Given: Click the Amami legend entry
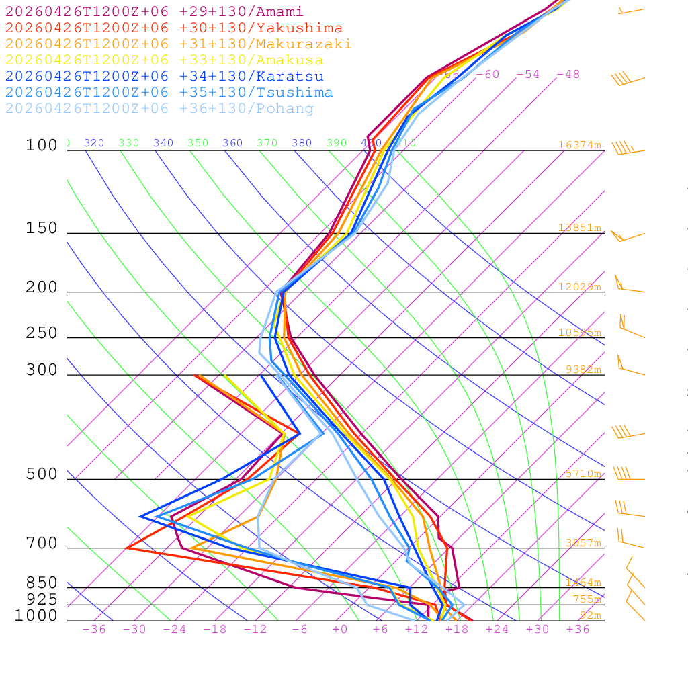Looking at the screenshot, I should click(154, 12).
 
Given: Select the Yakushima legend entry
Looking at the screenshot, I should click(173, 28).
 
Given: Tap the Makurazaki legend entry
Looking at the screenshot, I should click(178, 44).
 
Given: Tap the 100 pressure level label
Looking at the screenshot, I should click(42, 145).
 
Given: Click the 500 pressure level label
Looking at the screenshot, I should click(42, 474).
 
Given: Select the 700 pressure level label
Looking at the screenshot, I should click(42, 544).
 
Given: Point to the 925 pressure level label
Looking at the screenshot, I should click(42, 599).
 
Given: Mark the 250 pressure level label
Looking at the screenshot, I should click(42, 333).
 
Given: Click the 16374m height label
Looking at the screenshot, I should click(579, 145).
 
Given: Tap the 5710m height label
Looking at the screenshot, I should click(583, 474).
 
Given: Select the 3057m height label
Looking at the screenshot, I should click(583, 543).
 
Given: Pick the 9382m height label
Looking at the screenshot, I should click(583, 370).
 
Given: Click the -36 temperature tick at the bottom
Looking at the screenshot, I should click(93, 630).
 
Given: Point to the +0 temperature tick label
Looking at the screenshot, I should click(340, 630).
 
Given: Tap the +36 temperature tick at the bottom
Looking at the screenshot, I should click(577, 630).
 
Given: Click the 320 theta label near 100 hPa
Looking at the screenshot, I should click(94, 143).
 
